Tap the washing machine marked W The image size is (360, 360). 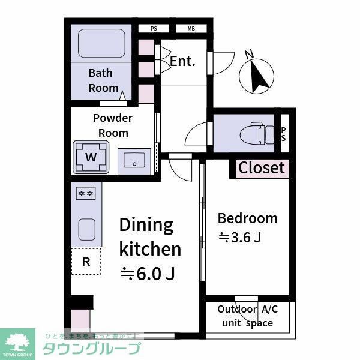91,157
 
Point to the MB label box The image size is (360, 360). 191,28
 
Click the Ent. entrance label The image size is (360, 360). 182,61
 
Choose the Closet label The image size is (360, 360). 262,168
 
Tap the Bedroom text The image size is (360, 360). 247,218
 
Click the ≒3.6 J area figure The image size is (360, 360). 239,238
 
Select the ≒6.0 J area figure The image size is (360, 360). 148,274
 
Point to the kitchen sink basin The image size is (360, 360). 86,229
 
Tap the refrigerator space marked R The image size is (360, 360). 86,262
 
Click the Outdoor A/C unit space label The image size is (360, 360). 248,316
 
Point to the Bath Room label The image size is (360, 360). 103,80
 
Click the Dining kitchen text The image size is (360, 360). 149,236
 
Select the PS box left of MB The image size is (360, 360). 154,28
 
